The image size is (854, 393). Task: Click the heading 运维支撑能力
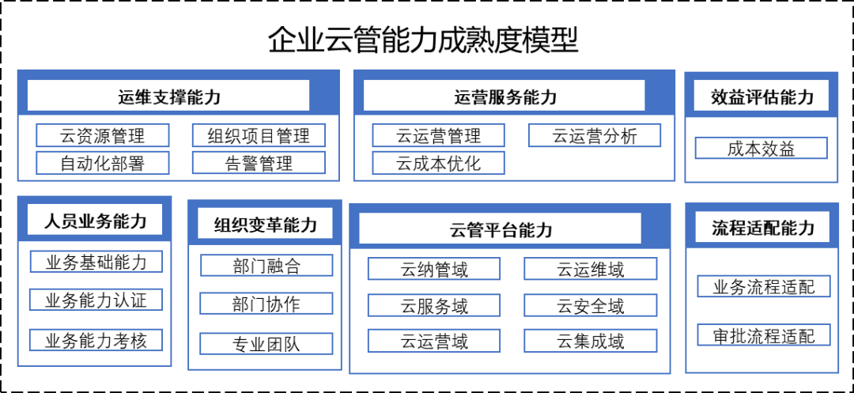pos(168,96)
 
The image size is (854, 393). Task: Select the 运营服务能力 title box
pos(504,96)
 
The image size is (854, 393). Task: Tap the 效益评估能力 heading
pos(761,96)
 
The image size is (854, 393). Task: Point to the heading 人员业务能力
pos(95,221)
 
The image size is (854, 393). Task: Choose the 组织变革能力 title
pos(265,225)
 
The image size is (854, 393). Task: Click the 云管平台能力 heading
pos(500,229)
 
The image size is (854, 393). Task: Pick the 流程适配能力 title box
pos(762,228)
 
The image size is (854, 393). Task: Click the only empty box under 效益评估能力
pos(761,148)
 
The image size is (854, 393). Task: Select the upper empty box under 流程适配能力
pos(763,286)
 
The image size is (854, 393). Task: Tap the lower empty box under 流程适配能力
pos(763,334)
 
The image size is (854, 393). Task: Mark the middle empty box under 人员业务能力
pos(96,300)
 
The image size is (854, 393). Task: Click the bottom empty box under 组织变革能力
pos(266,344)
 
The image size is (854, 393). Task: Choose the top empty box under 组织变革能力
pos(266,265)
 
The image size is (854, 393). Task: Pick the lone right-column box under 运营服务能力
pos(594,135)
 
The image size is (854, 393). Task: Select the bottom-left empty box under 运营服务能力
pos(438,163)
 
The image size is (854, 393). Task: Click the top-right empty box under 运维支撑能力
pos(258,135)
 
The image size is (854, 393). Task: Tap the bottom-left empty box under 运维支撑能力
pos(102,163)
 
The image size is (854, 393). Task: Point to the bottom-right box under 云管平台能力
pos(590,341)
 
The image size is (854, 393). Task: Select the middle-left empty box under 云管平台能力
pos(433,305)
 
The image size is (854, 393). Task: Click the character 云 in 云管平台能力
pos(459,230)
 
